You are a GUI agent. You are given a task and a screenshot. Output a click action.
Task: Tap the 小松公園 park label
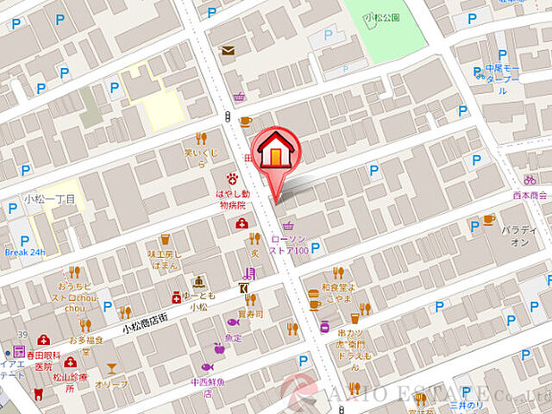pos(381,17)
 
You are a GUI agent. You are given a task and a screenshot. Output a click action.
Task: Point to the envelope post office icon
pos(228,51)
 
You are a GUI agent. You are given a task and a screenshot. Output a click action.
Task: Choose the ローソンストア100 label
pos(289,244)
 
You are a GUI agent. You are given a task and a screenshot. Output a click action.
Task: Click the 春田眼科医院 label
pos(39,360)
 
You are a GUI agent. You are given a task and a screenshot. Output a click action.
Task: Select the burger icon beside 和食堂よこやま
pos(315,304)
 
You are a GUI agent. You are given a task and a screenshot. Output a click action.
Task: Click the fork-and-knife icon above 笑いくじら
pos(201,138)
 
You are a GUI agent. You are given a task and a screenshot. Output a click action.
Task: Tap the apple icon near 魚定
pos(219,349)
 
